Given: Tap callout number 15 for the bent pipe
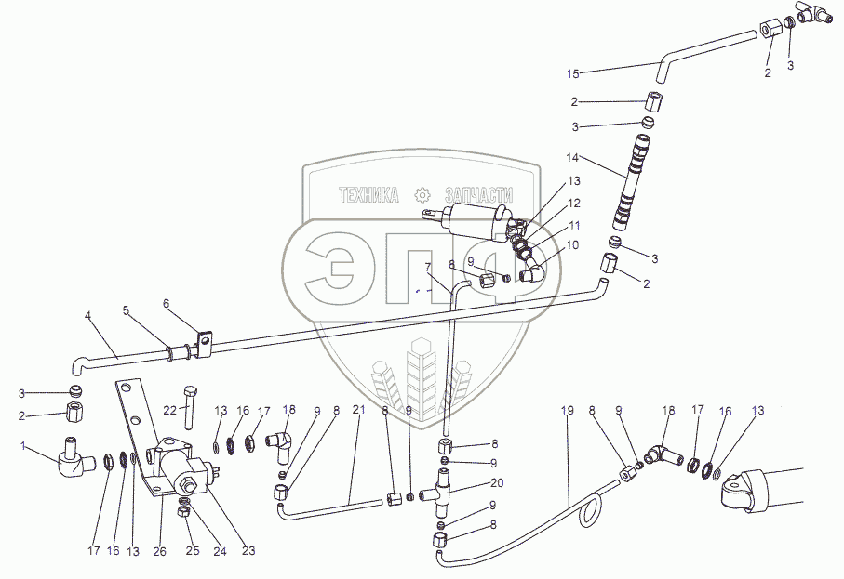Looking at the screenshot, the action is [x=572, y=74].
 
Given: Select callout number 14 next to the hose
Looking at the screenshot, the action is [x=572, y=158].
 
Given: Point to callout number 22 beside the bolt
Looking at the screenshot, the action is [x=170, y=410].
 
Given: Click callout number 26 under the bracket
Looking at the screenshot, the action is [x=160, y=551].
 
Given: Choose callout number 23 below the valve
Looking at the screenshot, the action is [x=248, y=550].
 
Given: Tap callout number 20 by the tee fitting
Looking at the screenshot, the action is [x=497, y=482].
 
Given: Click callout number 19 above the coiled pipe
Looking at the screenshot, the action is [x=568, y=411].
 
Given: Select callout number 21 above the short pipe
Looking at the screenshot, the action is [x=358, y=410].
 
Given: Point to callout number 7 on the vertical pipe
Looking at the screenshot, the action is [x=428, y=267].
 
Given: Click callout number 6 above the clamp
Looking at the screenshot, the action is [x=166, y=304].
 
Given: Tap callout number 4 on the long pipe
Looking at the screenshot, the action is [x=88, y=316].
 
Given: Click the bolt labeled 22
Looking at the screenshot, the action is [x=189, y=407].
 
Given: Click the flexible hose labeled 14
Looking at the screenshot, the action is [x=630, y=182].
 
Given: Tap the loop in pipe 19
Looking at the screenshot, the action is [x=588, y=512].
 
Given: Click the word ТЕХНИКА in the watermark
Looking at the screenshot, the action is [x=368, y=194].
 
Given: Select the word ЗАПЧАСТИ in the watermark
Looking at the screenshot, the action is [x=478, y=194].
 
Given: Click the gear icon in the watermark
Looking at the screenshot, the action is [x=422, y=194].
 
